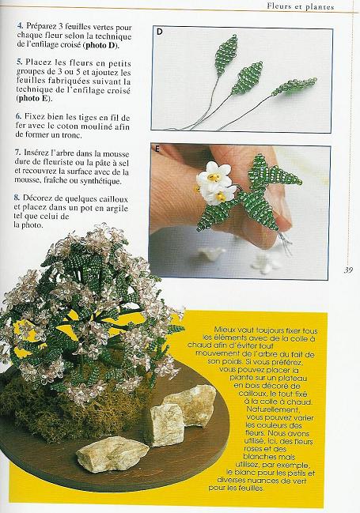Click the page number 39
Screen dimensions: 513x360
pyautogui.click(x=347, y=270)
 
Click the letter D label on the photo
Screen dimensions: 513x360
pyautogui.click(x=160, y=32)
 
